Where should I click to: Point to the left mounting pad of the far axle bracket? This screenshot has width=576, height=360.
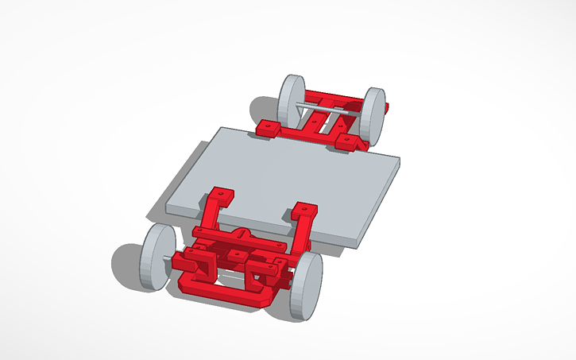[270, 126]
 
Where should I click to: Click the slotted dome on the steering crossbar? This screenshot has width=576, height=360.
[242, 236]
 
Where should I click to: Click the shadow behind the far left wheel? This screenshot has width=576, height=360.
[262, 108]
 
